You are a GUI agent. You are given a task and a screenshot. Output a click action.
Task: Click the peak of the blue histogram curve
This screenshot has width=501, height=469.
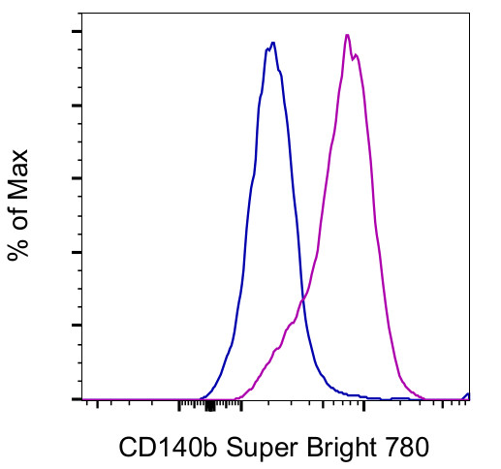click(x=273, y=43)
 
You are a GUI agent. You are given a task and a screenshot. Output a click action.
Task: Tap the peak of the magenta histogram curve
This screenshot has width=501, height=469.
click(x=347, y=35)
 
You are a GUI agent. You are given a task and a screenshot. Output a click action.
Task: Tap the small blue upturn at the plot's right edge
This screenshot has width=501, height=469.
click(x=467, y=394)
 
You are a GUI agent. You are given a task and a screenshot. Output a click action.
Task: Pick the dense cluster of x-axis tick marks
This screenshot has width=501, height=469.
click(x=209, y=404)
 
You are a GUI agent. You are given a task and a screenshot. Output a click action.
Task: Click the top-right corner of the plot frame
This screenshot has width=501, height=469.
click(x=469, y=15)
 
